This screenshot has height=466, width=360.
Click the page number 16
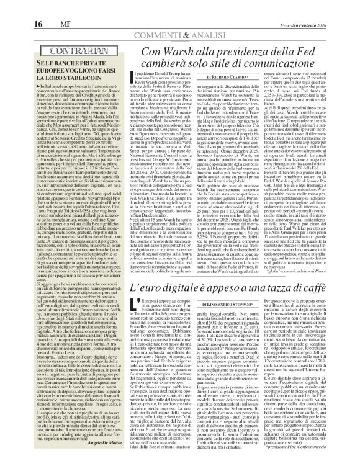[x=12, y=6]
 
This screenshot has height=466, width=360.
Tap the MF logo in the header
[x=37, y=7]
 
